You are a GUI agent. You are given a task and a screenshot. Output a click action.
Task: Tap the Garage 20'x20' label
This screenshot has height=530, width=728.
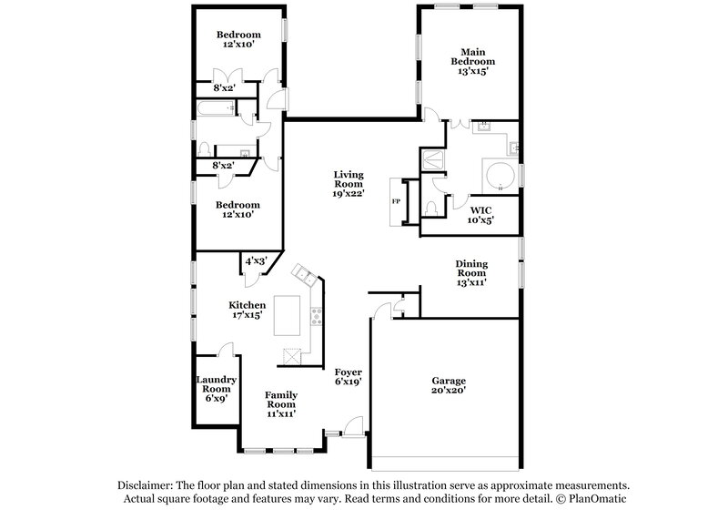pyautogui.click(x=449, y=385)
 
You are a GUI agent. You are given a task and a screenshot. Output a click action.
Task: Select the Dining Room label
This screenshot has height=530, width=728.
pyautogui.click(x=471, y=272)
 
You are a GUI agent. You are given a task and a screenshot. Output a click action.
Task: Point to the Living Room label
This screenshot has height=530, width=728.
pyautogui.click(x=349, y=183)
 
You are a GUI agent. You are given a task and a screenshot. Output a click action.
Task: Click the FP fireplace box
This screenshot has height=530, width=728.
pyautogui.click(x=396, y=200)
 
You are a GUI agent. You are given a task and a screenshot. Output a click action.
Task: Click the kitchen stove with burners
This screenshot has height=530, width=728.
pyautogui.click(x=317, y=318)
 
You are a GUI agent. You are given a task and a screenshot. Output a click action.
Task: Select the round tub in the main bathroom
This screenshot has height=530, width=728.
pyautogui.click(x=498, y=175)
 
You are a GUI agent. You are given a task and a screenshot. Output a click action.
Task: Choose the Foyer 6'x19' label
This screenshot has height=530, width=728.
pyautogui.click(x=349, y=378)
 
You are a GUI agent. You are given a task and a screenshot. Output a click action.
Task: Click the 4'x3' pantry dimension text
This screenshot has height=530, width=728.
pyautogui.click(x=255, y=261)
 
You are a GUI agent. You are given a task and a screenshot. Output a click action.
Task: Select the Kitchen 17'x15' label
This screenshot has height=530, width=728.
pyautogui.click(x=247, y=311)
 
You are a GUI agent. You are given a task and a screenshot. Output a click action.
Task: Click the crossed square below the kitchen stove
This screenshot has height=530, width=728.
pyautogui.click(x=291, y=356)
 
